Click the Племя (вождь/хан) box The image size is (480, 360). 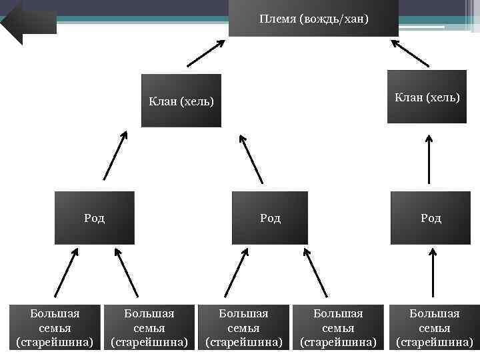[313, 19]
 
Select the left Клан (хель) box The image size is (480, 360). [181, 101]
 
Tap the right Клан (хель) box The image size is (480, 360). [427, 97]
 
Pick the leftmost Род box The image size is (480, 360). [94, 218]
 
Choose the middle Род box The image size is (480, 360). [270, 218]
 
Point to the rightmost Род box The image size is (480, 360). [431, 218]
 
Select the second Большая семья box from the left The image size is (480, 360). [150, 328]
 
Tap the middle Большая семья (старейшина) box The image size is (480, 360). [244, 328]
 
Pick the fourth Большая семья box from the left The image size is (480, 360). [339, 328]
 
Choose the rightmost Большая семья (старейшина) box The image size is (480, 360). [434, 328]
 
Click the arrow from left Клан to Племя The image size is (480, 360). [206, 53]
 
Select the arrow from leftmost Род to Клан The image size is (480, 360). [115, 155]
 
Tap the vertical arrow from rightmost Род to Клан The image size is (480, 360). [429, 159]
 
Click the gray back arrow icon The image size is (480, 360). [28, 20]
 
